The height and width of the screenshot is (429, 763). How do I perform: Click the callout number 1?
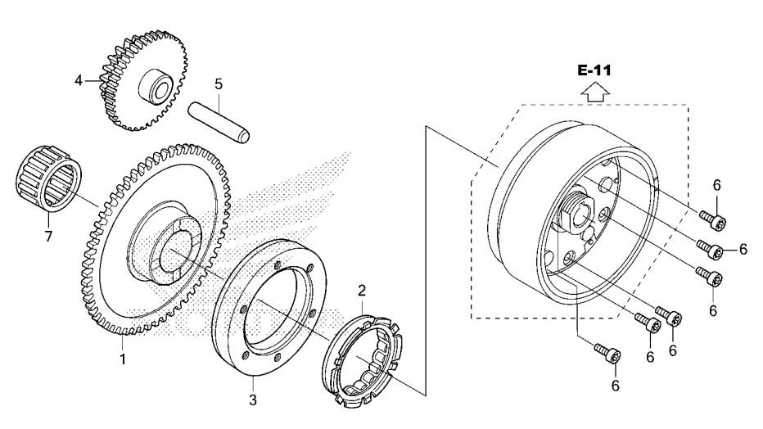coord(123,359)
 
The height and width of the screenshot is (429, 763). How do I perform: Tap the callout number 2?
coord(362,291)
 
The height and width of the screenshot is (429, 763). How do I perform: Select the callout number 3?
coord(252,400)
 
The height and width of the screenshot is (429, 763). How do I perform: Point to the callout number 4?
coord(79,80)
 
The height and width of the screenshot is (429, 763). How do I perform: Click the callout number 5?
coord(219,84)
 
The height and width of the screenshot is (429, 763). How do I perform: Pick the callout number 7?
coord(48,237)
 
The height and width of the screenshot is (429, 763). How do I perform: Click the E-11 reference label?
coord(594,70)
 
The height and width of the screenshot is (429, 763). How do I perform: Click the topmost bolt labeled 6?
coord(713,220)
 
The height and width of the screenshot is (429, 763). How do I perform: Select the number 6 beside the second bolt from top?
coord(743,249)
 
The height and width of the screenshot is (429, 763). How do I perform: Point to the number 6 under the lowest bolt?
coord(616,386)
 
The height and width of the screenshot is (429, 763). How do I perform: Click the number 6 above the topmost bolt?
coord(716,185)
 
